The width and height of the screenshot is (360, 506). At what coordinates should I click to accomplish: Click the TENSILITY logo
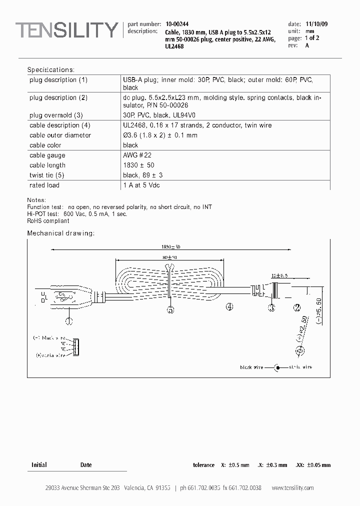pyautogui.click(x=66, y=31)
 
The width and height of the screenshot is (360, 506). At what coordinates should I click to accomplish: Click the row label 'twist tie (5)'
pyautogui.click(x=47, y=175)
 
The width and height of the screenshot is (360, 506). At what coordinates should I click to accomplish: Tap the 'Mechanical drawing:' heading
pyautogui.click(x=60, y=233)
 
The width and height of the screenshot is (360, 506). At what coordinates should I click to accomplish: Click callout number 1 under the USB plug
pyautogui.click(x=69, y=318)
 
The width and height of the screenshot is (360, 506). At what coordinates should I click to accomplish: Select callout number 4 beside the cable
pyautogui.click(x=229, y=307)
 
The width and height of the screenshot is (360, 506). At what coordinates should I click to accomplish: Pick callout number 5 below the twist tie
pyautogui.click(x=170, y=310)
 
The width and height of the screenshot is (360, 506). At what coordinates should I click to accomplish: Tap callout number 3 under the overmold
pyautogui.click(x=272, y=307)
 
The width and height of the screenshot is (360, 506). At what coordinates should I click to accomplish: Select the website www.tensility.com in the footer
pyautogui.click(x=292, y=488)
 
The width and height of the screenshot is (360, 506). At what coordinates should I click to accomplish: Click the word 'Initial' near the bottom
pyautogui.click(x=39, y=465)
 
